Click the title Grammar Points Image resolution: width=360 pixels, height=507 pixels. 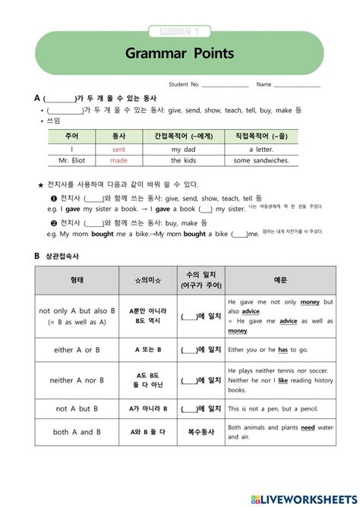coord(179,54)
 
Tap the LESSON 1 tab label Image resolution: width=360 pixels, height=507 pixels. coord(179,31)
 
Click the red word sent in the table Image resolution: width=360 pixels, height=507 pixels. coord(118,149)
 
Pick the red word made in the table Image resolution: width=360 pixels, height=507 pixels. coord(118,161)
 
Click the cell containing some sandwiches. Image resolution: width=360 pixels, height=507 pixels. coord(261,161)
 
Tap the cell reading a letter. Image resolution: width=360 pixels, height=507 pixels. coord(261,149)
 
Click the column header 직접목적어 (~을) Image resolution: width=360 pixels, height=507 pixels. coord(261,136)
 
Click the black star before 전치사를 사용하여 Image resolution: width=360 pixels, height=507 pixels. coord(40,184)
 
